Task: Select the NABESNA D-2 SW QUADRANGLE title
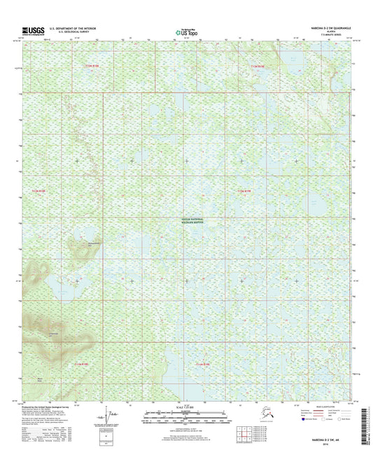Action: (326, 27)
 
